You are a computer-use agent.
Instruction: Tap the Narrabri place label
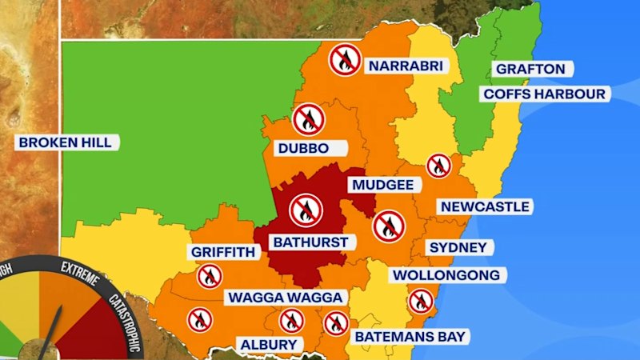[x=405, y=66]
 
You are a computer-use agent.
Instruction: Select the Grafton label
[x=530, y=69]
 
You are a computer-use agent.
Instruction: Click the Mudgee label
[x=382, y=185]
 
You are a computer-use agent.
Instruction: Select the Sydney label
[x=458, y=247]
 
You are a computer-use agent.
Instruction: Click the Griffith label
[x=222, y=252]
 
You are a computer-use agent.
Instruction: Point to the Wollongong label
[x=446, y=275]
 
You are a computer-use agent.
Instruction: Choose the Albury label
[x=269, y=345]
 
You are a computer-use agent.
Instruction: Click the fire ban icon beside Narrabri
[x=345, y=59]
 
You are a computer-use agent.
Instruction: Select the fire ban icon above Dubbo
[x=308, y=119]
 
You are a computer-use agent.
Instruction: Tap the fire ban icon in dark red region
[x=306, y=210]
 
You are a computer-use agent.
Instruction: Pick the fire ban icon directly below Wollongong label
[x=420, y=301]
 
